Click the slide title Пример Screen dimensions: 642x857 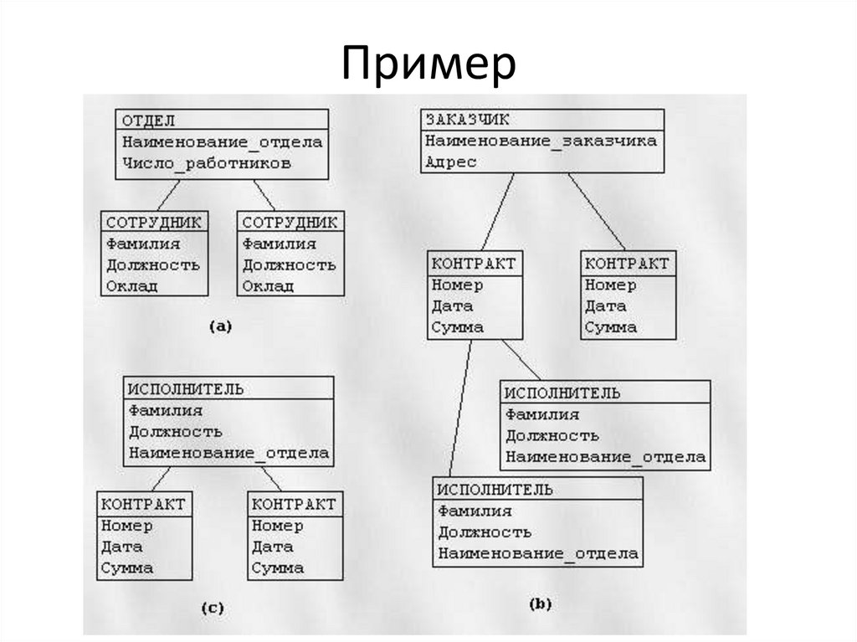click(428, 64)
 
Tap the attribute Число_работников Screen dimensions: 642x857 click(207, 163)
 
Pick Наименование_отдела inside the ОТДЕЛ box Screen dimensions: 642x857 click(222, 141)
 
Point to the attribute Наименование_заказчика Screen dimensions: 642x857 click(541, 141)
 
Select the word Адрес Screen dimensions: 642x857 click(450, 162)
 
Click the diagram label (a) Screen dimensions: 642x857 click(219, 327)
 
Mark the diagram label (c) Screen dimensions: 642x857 click(212, 609)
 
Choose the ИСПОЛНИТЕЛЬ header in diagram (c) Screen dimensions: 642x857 click(186, 389)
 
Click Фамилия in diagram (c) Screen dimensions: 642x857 click(166, 411)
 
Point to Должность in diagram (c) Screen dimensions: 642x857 click(175, 432)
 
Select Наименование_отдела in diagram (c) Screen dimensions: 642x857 click(228, 454)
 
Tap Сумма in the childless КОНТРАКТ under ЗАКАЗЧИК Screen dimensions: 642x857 click(610, 327)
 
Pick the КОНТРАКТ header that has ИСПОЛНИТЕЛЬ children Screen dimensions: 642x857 click(474, 264)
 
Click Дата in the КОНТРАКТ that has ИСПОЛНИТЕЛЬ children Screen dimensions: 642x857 click(452, 306)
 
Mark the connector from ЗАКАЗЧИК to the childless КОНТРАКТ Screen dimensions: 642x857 click(597, 211)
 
